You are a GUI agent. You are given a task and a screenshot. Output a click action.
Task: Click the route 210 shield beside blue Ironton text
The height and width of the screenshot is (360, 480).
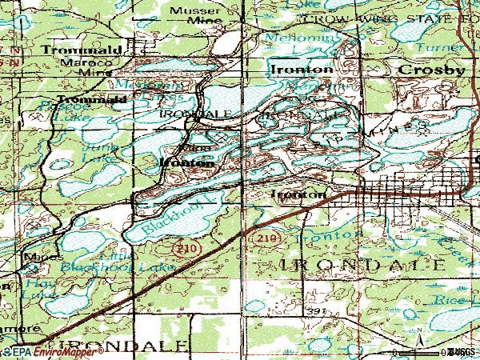267,238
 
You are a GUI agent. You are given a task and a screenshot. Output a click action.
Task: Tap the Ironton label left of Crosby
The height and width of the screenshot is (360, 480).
302,70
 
